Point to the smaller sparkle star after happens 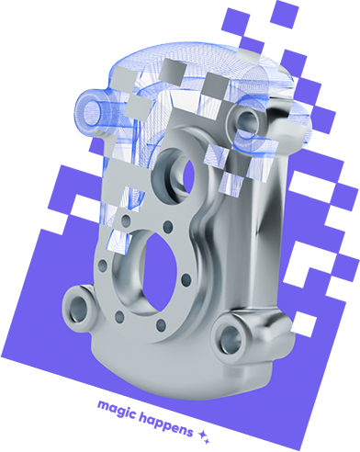[x=208, y=441]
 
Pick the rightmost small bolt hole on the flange [x=186, y=279]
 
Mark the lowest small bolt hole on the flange [x=161, y=325]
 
